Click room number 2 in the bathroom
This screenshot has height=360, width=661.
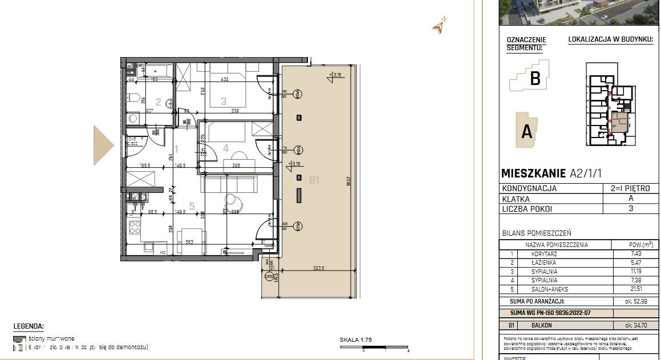pyautogui.click(x=158, y=103)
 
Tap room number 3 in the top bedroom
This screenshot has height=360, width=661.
pyautogui.click(x=224, y=102)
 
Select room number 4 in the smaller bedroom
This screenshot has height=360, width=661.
pyautogui.click(x=225, y=148)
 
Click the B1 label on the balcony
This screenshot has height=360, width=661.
pyautogui.click(x=314, y=180)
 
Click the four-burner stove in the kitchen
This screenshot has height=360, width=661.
pyautogui.click(x=135, y=228)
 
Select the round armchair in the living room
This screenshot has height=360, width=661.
pyautogui.click(x=233, y=200)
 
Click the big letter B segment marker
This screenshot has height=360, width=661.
pyautogui.click(x=535, y=78)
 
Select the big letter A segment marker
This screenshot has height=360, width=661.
pyautogui.click(x=527, y=132)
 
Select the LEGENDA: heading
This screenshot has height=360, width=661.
pyautogui.click(x=29, y=326)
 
